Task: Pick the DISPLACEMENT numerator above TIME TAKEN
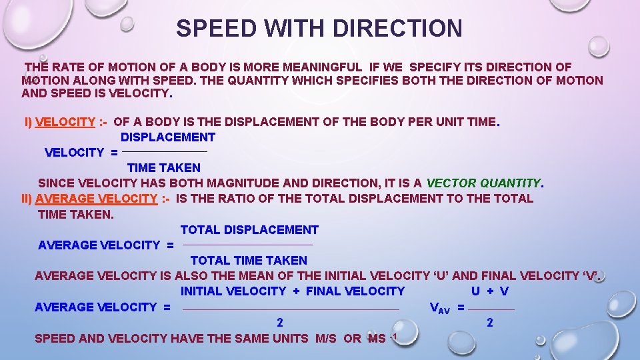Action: (168, 137)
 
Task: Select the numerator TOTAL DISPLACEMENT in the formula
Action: (249, 230)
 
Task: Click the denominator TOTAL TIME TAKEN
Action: (249, 261)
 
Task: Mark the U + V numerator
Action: (490, 291)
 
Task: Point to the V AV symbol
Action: (440, 308)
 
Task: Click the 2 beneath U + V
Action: (490, 323)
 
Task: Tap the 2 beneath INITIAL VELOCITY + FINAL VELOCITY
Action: (280, 323)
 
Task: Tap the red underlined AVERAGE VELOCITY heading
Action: (97, 198)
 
